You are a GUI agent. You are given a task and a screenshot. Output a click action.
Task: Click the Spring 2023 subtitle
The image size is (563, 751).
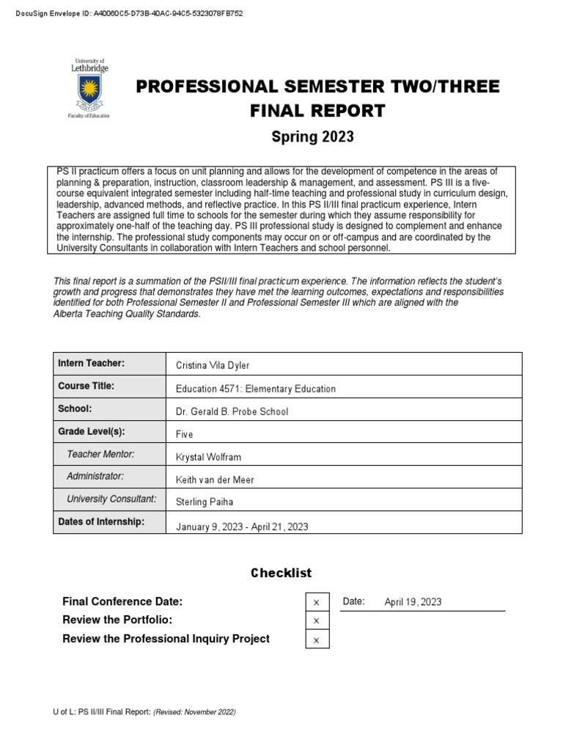point(312,136)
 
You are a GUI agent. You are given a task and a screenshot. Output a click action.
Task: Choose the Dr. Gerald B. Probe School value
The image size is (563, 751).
point(232,411)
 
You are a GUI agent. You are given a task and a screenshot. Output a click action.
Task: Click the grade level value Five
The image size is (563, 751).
point(185,434)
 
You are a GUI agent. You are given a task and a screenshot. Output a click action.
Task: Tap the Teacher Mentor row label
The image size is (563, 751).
point(100,455)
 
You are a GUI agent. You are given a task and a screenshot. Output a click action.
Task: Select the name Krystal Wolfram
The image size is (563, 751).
point(208,457)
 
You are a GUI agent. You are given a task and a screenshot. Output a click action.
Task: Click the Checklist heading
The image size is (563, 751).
point(281,573)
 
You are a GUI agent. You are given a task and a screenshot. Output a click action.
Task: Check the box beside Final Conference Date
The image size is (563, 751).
point(317,602)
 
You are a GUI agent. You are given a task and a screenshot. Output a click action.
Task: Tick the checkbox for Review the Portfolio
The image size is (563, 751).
point(317,620)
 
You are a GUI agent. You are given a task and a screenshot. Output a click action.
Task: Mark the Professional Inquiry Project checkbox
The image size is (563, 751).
point(317,640)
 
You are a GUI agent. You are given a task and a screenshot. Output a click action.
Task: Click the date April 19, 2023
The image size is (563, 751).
point(413,602)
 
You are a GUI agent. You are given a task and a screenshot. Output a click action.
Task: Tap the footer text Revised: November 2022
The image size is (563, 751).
point(194,712)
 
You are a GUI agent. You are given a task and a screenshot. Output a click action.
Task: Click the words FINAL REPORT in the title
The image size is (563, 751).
point(317,111)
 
